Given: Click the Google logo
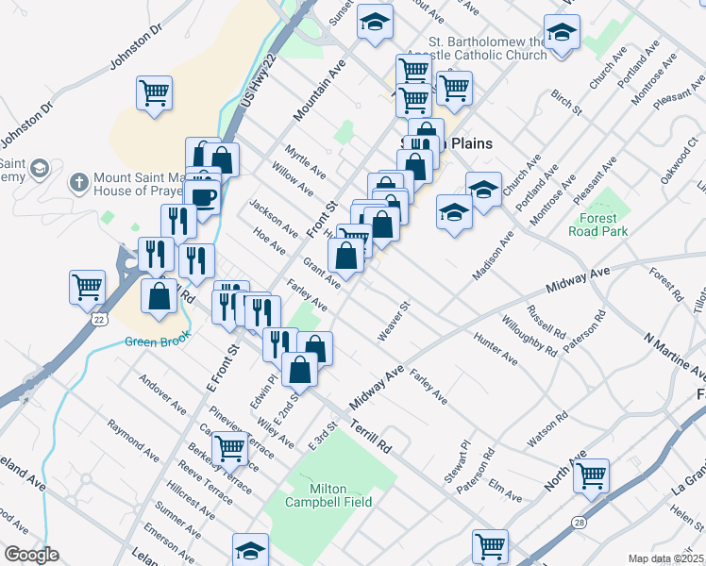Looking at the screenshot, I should click(31, 555).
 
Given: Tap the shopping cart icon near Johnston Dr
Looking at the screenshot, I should click(154, 93).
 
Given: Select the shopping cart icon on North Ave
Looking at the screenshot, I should click(591, 476).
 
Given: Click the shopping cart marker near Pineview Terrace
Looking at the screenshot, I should click(229, 450).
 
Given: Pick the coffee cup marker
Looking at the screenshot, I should click(202, 197).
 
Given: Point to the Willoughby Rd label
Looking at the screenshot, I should click(540, 332).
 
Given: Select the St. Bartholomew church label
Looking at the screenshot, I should click(487, 48).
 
